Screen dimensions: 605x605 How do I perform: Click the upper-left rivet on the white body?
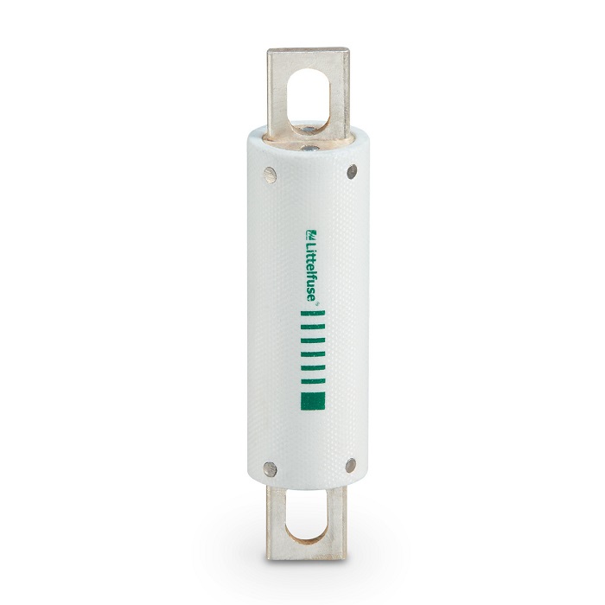pos(270,175)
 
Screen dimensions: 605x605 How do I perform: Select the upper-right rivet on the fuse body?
pos(352,171)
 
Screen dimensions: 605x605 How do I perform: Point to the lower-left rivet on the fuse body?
pos(270,468)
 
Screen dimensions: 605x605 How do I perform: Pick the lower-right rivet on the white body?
pos(350,465)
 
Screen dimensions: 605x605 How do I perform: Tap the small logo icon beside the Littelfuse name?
pos(311,234)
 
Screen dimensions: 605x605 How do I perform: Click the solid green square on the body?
pos(313,400)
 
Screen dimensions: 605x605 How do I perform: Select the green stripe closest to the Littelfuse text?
pos(313,313)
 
